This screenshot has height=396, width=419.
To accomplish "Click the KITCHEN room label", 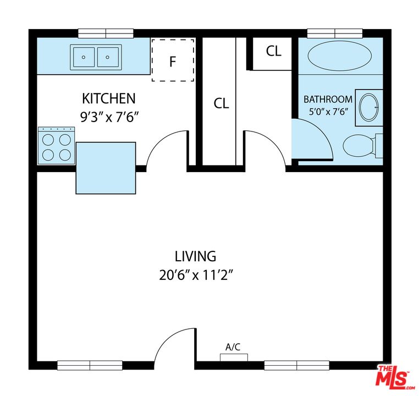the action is coord(109,98).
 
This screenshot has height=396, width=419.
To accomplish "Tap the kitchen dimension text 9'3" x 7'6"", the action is coord(109,117).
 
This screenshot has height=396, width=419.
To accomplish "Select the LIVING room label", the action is coord(195,256).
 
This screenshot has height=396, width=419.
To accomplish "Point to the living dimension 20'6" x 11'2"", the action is coord(196,275).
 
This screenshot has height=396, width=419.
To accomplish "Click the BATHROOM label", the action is coord(328,100).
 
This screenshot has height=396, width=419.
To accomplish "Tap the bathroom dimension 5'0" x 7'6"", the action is coord(328,112).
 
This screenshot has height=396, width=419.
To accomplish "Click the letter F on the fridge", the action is coord(173,62).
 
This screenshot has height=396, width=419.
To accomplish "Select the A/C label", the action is coord(233,347).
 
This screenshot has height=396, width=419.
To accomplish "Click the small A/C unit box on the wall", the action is coord(234,358).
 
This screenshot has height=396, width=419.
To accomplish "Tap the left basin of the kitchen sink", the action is coord(84,57).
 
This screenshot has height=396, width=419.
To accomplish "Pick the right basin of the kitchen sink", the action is coord(108,57).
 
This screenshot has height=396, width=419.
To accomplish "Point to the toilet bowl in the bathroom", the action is coord(358,146).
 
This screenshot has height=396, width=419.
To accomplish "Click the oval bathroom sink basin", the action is coord(369,107).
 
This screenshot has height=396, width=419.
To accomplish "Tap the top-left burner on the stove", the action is coord(48,140).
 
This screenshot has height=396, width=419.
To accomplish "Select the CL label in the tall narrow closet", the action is coord(221,103).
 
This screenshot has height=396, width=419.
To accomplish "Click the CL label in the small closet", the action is coord(274,51).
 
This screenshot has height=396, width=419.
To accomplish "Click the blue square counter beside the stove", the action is coord(106,168).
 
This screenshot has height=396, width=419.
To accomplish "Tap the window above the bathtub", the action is coord(335,34).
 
